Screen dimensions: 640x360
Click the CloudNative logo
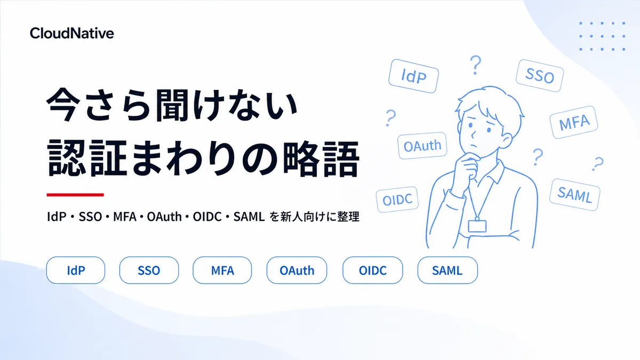point(71,33)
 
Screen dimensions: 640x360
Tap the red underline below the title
point(75,195)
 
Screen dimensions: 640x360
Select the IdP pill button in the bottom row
point(76,270)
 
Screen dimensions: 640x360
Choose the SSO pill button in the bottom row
point(149,270)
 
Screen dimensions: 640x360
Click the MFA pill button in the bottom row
point(222,270)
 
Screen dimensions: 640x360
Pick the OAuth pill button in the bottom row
point(297,270)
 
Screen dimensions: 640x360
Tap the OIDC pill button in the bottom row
point(373,270)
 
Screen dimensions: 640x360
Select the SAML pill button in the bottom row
point(447,270)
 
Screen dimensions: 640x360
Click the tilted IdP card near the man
point(414,76)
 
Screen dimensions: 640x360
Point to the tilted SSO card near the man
point(540,76)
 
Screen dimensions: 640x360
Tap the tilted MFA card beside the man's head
point(574,122)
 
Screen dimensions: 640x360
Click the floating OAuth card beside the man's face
point(422,146)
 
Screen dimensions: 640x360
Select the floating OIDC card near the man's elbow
point(397,199)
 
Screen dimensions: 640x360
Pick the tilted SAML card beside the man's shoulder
point(574,195)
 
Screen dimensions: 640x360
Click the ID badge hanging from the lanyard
point(477,226)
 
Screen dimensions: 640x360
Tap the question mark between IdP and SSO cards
point(475,65)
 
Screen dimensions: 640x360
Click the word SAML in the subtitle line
point(249,217)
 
